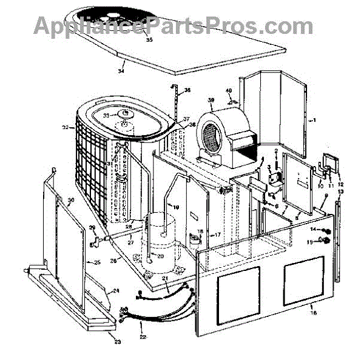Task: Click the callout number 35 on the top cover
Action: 149,41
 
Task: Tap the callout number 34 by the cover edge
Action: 121,70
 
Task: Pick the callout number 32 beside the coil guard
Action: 66,127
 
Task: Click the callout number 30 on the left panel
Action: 71,201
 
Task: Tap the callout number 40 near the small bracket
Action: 229,91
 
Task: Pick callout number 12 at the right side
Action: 340,184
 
